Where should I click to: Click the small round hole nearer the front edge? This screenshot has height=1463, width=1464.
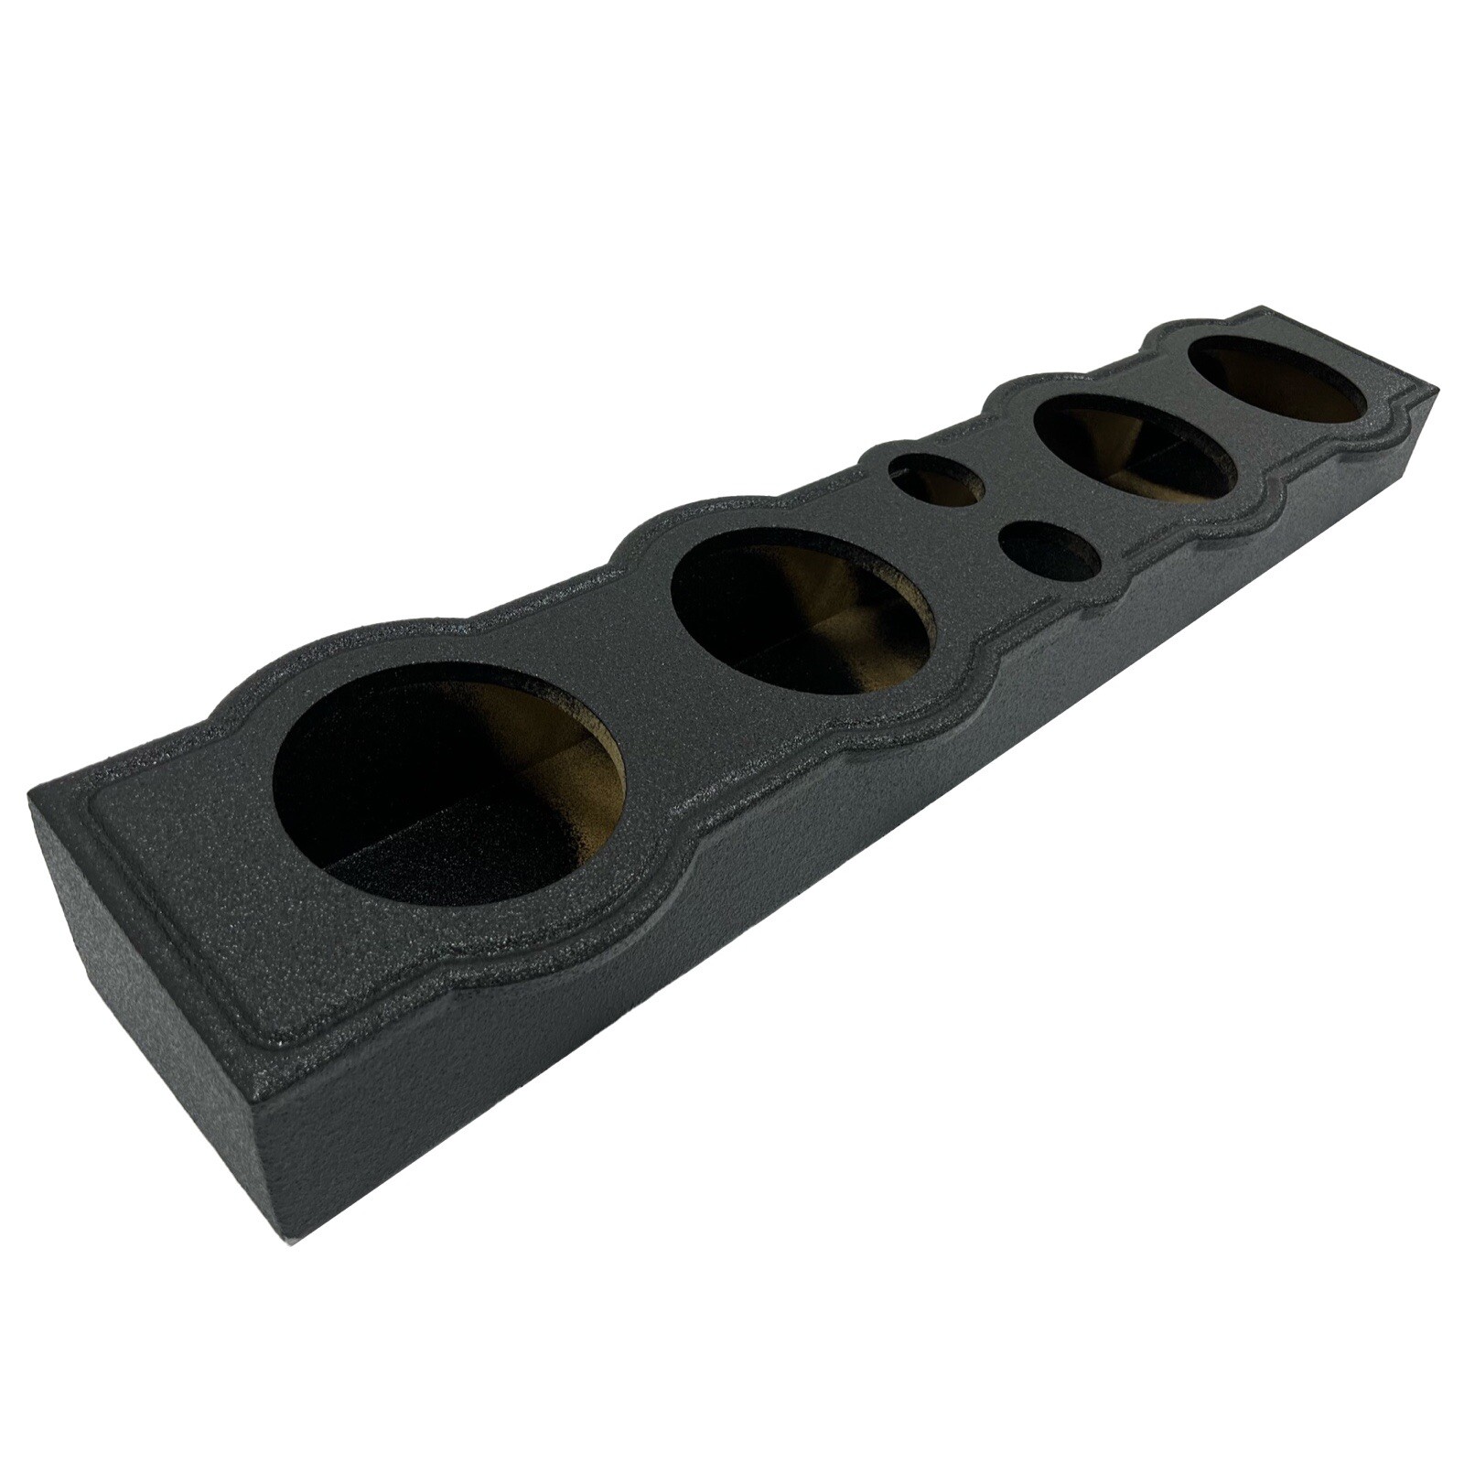coord(1050,554)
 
